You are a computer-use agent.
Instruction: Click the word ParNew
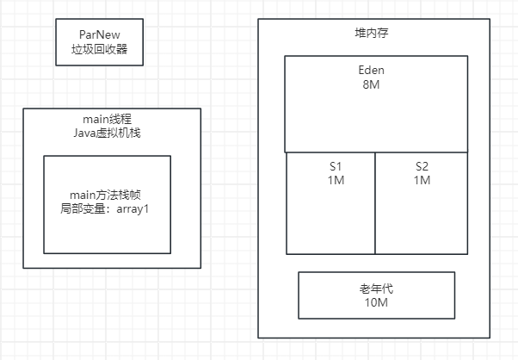click(98, 34)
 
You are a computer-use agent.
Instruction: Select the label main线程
click(112, 119)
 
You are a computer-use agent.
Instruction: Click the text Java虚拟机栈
click(112, 133)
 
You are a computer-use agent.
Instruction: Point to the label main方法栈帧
click(107, 195)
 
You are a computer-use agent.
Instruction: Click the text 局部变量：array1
click(107, 209)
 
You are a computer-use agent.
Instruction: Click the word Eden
click(376, 71)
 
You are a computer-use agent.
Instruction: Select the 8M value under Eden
click(376, 85)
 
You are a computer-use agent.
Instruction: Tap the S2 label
click(422, 166)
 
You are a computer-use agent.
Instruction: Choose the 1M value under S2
click(422, 180)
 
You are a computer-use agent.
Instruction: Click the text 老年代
click(376, 288)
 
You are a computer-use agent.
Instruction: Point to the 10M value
click(376, 302)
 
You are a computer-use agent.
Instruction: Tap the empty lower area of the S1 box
click(331, 224)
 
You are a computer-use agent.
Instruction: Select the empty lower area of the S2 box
click(422, 224)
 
